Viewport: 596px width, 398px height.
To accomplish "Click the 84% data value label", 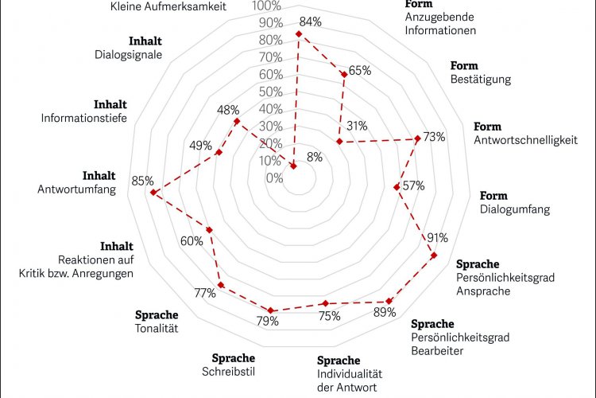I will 311,22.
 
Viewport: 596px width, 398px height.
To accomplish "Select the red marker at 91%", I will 434,255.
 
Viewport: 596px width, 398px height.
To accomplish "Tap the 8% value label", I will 314,158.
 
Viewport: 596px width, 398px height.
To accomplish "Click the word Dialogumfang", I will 515,210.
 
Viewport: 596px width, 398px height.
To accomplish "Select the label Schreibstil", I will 234,371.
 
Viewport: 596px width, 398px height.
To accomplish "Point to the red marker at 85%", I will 154,192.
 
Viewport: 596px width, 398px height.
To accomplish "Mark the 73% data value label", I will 434,136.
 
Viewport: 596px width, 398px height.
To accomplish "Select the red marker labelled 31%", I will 339,142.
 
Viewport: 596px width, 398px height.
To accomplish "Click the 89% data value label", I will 385,313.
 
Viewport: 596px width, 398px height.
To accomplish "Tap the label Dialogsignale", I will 128,55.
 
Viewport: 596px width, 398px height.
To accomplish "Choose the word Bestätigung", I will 480,79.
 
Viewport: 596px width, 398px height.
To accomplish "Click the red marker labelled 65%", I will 344,74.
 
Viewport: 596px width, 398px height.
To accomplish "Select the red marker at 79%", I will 271,310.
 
